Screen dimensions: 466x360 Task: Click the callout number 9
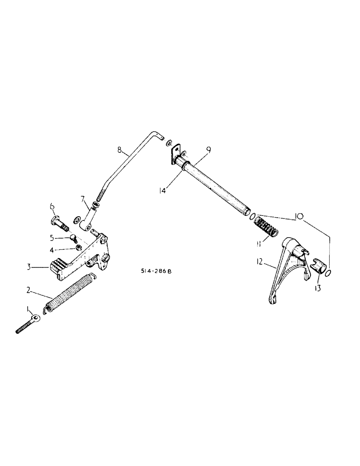[209, 150]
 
